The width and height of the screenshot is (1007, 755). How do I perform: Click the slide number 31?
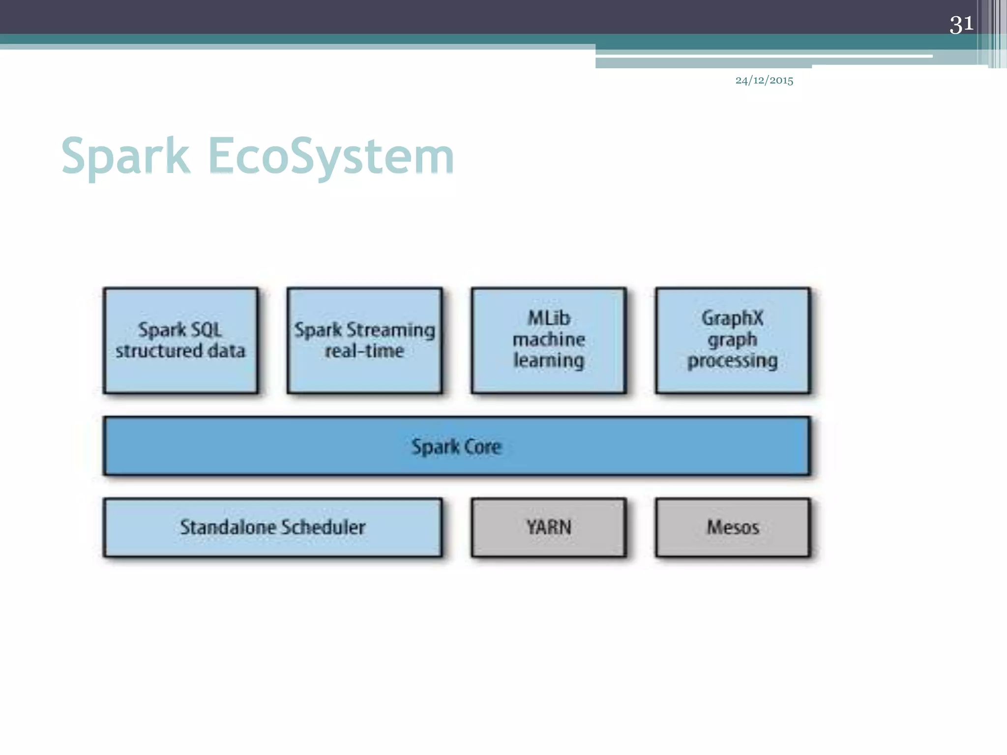click(961, 24)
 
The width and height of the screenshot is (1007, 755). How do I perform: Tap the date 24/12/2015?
click(764, 80)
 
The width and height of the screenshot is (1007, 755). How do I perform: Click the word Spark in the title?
click(125, 156)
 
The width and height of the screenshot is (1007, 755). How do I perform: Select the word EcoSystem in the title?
click(331, 156)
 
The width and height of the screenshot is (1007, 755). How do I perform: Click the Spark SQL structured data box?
click(180, 340)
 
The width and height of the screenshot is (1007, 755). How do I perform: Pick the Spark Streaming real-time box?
click(364, 340)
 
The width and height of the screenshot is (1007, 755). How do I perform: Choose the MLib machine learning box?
click(549, 340)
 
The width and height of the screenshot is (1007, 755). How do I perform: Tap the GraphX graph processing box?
click(733, 340)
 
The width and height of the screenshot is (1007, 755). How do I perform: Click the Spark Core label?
click(456, 447)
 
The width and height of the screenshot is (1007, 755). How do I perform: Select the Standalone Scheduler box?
click(272, 527)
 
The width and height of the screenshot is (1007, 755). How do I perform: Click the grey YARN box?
click(549, 527)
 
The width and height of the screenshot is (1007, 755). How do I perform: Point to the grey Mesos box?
click(733, 527)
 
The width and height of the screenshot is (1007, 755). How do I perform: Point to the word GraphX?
click(733, 318)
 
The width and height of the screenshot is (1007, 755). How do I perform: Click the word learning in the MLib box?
click(549, 360)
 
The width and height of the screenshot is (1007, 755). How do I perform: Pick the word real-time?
click(364, 351)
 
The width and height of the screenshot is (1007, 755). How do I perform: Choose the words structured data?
click(180, 351)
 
